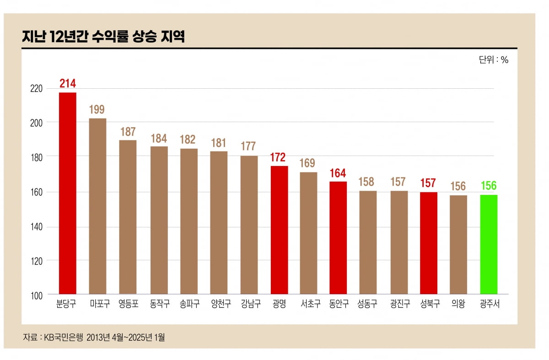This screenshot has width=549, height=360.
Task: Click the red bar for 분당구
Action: point(68,193)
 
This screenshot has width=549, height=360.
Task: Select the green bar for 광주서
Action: point(488,244)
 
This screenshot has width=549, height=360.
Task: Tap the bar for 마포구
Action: point(97,206)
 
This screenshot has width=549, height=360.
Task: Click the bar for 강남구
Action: point(249,225)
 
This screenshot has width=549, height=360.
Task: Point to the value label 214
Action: point(68,83)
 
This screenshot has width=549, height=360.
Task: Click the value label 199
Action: point(97,109)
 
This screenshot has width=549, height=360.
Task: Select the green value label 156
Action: point(488,186)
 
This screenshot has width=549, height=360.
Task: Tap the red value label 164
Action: point(338,173)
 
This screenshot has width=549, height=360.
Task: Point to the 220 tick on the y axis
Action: point(36,88)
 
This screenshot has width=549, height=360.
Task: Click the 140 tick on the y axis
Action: point(36,227)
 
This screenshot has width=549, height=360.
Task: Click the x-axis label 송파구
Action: point(189,304)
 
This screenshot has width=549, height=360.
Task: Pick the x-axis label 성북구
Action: point(430,304)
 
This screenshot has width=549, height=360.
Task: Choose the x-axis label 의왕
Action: point(458,304)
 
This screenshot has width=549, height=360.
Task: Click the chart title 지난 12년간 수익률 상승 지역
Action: point(103,37)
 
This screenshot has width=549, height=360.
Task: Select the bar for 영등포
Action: point(128,217)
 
